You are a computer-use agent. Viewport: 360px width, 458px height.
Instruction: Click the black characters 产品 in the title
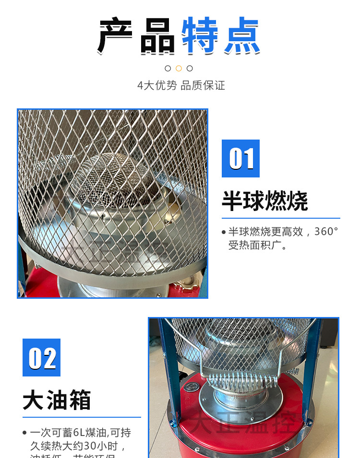point(137,36)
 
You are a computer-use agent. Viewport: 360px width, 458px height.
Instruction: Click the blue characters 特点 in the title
point(220,36)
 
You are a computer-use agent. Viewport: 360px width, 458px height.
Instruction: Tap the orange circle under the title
point(179,68)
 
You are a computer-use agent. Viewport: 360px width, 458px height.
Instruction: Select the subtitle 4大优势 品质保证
point(181,86)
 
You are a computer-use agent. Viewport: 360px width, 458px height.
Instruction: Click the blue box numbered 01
point(240,159)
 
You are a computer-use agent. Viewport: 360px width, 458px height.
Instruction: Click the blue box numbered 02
point(42,358)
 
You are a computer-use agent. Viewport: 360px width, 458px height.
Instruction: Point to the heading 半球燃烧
point(264,201)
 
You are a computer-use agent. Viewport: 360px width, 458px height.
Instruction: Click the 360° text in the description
point(326,232)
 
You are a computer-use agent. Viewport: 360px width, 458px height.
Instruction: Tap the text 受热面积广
point(257,246)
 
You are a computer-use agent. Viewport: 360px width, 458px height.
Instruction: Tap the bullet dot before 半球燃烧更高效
point(224,232)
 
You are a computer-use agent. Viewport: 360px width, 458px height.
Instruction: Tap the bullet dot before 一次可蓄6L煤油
point(25,433)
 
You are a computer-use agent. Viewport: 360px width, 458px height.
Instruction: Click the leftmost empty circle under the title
point(168,68)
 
